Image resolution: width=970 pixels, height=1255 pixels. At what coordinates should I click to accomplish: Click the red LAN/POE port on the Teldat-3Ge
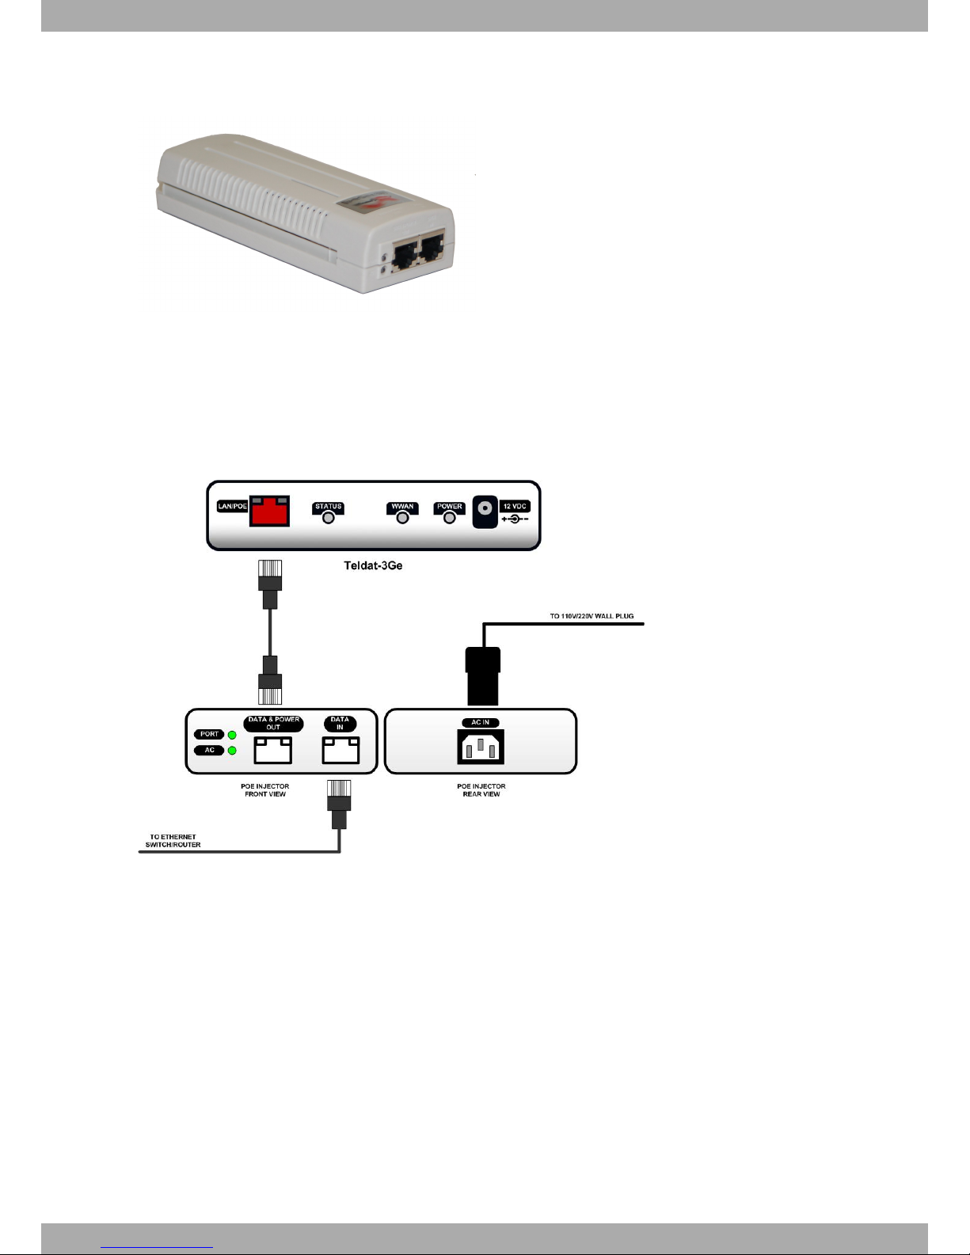pyautogui.click(x=269, y=512)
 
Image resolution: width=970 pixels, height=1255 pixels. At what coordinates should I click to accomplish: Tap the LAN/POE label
pyautogui.click(x=233, y=506)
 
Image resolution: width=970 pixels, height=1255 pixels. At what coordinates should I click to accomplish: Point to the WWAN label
pyautogui.click(x=402, y=507)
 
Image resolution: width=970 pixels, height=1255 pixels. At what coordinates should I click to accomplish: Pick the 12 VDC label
pyautogui.click(x=515, y=506)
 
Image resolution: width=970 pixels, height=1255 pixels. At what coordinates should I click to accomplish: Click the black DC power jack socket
pyautogui.click(x=485, y=512)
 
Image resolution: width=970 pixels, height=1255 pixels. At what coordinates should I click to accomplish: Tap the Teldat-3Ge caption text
pyautogui.click(x=374, y=565)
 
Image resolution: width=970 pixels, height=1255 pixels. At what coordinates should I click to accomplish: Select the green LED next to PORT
pyautogui.click(x=232, y=735)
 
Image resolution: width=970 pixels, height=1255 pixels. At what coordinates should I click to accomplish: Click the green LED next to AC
pyautogui.click(x=232, y=751)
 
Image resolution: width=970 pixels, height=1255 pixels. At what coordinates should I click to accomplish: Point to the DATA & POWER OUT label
pyautogui.click(x=273, y=724)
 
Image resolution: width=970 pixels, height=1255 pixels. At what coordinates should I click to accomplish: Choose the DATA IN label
pyautogui.click(x=340, y=724)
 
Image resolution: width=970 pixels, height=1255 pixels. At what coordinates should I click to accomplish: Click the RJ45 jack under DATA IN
pyautogui.click(x=340, y=749)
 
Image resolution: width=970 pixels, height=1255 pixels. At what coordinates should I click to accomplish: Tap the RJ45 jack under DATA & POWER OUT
pyautogui.click(x=272, y=749)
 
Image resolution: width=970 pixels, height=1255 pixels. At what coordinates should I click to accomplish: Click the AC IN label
pyautogui.click(x=481, y=722)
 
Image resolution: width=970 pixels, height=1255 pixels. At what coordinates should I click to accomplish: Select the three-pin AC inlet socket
pyautogui.click(x=481, y=747)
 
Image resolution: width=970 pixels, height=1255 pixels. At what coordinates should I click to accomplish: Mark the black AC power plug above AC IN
pyautogui.click(x=483, y=675)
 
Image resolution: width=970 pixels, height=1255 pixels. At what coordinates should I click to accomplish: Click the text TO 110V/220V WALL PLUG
pyautogui.click(x=592, y=616)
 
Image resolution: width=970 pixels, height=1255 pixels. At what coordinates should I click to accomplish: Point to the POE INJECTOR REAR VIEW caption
pyautogui.click(x=481, y=789)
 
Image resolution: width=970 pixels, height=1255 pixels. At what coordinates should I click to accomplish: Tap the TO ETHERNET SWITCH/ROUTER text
pyautogui.click(x=173, y=841)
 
